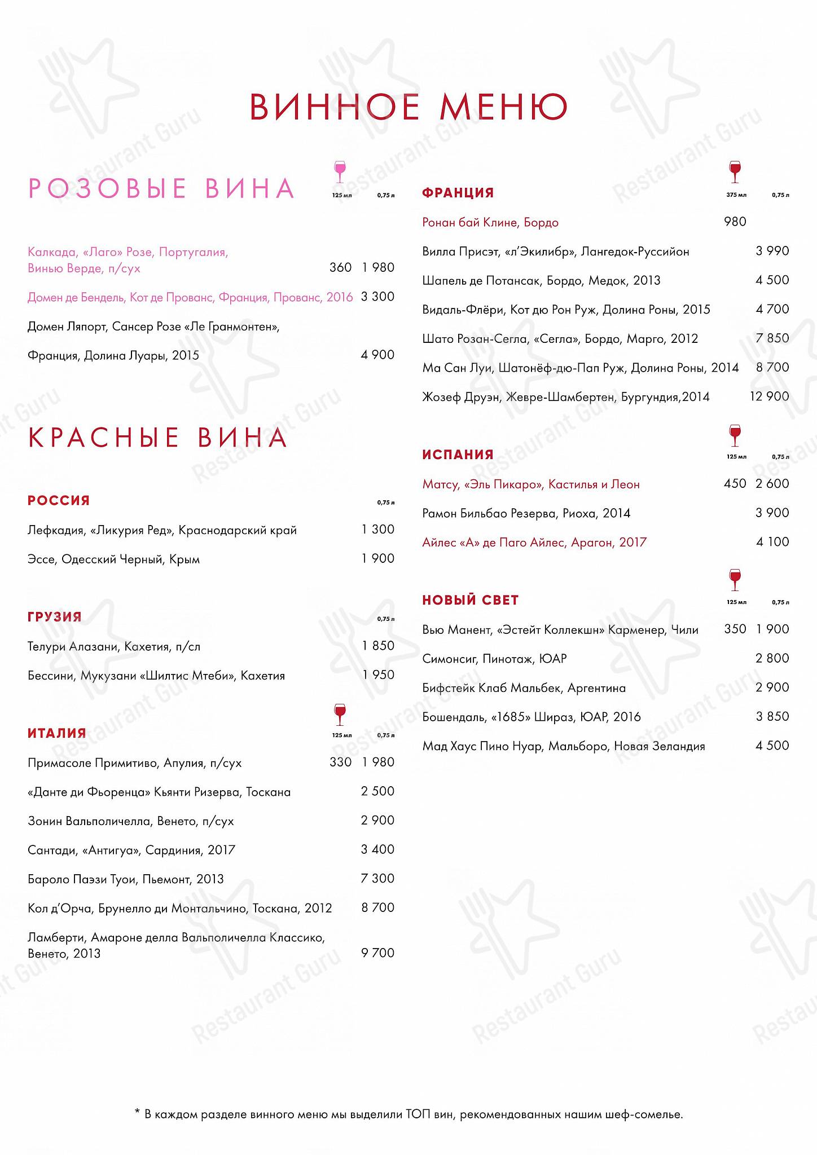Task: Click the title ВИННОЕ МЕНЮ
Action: [408, 107]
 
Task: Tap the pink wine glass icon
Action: [340, 171]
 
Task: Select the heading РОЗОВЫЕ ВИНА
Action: [161, 188]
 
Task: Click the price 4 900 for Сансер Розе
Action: [377, 355]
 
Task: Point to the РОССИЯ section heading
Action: [59, 500]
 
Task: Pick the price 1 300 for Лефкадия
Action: [378, 530]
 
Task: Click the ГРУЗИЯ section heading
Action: [55, 617]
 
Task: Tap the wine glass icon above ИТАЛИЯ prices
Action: [340, 715]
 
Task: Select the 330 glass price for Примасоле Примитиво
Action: [341, 762]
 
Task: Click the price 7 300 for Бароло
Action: [377, 879]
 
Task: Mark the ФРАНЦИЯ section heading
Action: [458, 193]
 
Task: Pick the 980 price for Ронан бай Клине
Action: [735, 222]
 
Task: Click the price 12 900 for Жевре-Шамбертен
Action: [769, 396]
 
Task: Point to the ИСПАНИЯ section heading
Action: [458, 455]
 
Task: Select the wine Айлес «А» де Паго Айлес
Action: [534, 543]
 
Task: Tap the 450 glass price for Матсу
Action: [735, 483]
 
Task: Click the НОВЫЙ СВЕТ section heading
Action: [470, 600]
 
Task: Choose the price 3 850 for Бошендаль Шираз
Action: [772, 717]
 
